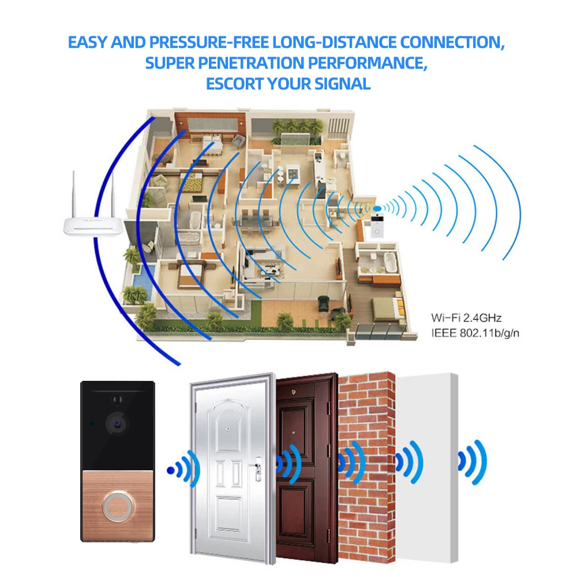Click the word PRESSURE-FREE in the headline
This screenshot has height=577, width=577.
click(209, 42)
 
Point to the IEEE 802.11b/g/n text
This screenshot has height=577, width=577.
click(475, 333)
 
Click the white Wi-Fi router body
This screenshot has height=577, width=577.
click(93, 226)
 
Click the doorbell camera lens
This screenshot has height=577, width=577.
click(117, 424)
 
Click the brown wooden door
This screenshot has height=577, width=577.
click(307, 467)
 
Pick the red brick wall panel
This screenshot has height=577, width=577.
click(366, 467)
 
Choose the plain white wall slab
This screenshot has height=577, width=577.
click(427, 468)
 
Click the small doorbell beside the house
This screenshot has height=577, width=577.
click(377, 226)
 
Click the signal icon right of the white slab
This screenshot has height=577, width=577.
click(472, 462)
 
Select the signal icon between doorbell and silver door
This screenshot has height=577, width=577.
click(183, 469)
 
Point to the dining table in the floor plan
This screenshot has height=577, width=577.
click(255, 222)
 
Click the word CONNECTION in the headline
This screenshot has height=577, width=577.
click(452, 42)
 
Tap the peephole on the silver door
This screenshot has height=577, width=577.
click(228, 429)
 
